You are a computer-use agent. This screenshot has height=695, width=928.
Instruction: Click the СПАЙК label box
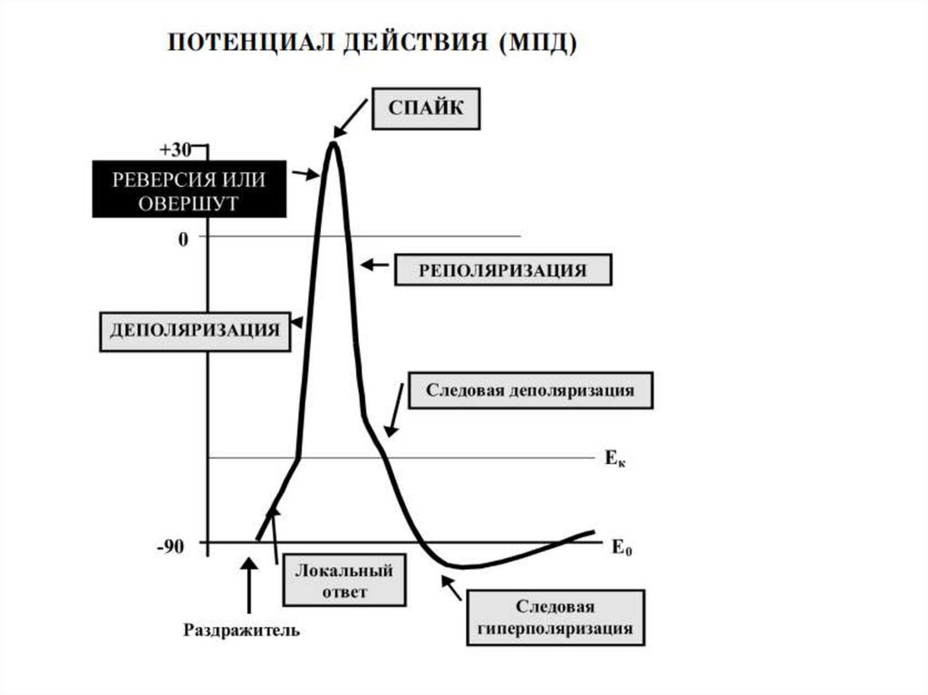(426, 109)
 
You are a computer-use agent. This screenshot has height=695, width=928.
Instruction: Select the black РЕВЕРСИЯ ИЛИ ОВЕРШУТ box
(189, 188)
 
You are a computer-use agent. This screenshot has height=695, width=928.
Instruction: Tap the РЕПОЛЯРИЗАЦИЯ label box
(503, 270)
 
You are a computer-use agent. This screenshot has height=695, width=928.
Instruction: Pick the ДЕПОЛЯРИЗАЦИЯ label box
(195, 332)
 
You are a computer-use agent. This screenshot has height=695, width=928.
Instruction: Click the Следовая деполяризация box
(530, 391)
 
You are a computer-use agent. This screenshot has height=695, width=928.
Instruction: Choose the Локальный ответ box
(344, 580)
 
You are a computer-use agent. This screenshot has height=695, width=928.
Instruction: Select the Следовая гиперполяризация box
(556, 617)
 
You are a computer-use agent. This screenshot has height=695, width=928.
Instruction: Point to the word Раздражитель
(241, 630)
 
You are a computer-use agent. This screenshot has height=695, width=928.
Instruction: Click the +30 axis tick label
(175, 150)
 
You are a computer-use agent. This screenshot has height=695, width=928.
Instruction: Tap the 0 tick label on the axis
(183, 239)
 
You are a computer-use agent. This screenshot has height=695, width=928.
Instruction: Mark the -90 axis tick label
(170, 546)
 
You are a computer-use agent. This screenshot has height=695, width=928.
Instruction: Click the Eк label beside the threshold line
(615, 458)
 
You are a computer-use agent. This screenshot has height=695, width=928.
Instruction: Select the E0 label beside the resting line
(622, 547)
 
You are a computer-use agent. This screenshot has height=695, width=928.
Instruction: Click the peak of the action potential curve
(334, 142)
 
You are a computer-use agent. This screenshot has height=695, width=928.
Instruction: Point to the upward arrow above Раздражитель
(249, 584)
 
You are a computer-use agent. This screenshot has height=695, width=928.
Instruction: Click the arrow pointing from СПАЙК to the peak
(351, 118)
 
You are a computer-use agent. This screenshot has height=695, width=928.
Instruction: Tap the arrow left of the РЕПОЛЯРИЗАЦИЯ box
(374, 265)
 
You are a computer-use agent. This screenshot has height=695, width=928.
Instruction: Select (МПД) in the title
(538, 43)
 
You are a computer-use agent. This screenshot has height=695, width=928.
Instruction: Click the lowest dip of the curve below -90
(461, 567)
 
